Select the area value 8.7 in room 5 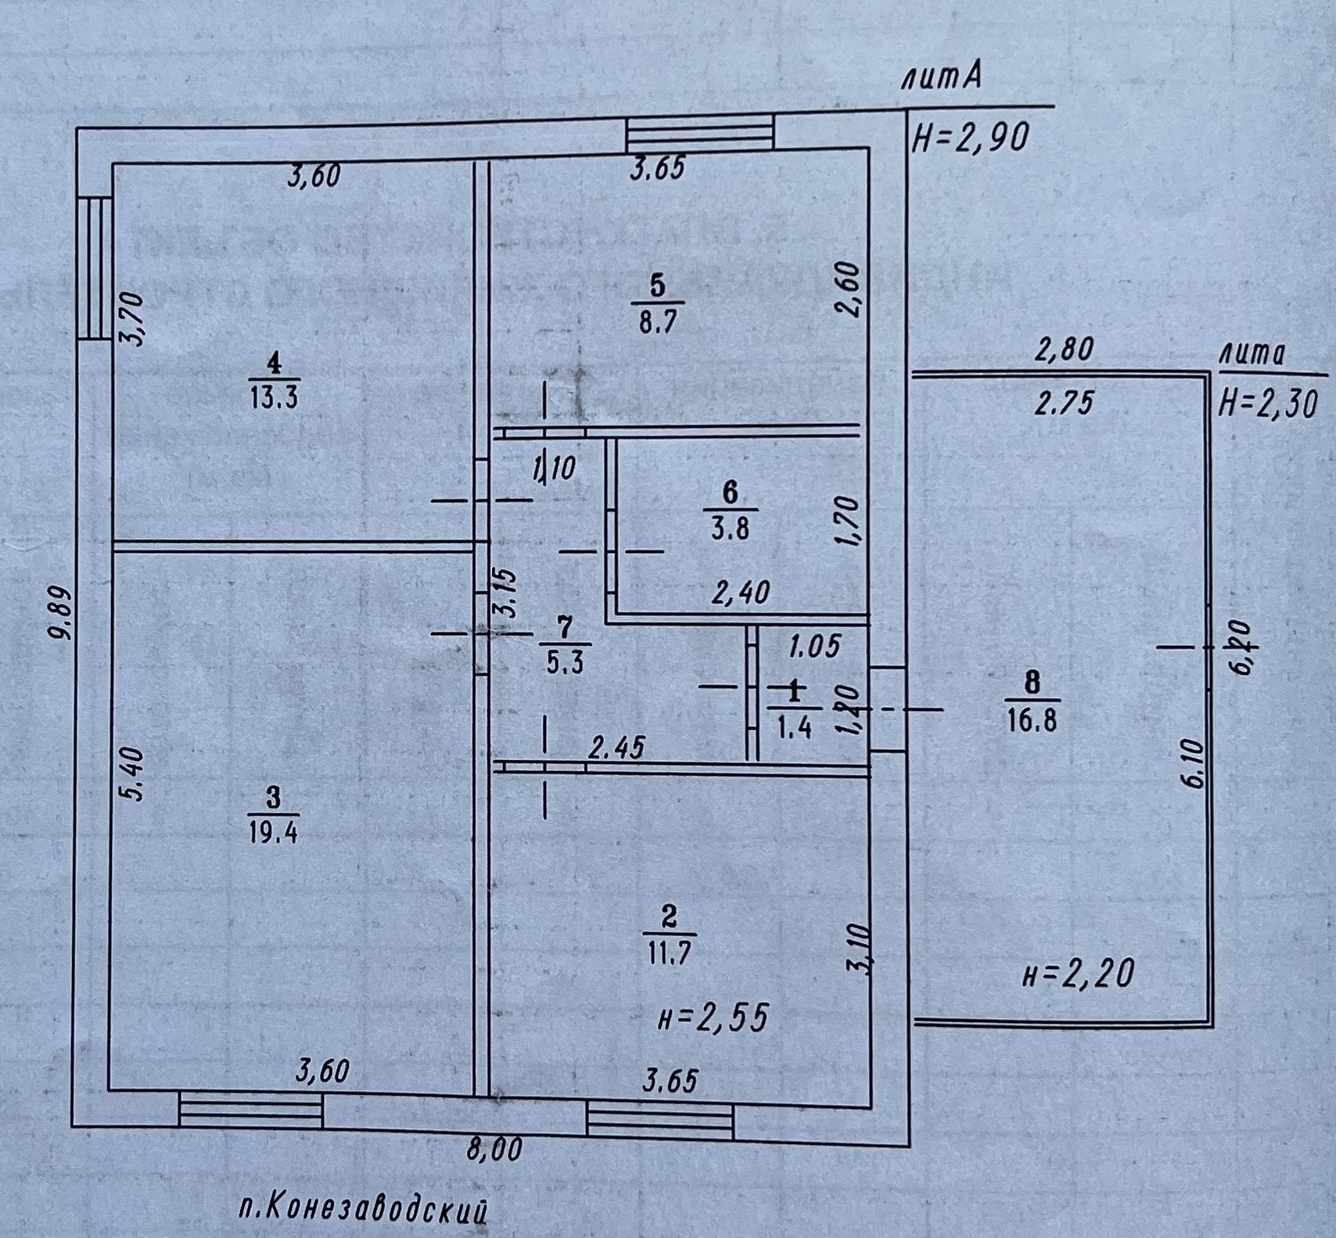pos(657,322)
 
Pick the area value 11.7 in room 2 pos(670,953)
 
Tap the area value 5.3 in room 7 pos(565,664)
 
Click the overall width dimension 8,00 pos(494,1150)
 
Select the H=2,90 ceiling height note pos(969,138)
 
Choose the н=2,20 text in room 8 pos(1078,974)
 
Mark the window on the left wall pos(95,267)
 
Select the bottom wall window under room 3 pos(250,1111)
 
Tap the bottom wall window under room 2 pos(659,1121)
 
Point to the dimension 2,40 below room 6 pos(740,592)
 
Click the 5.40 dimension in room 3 pos(134,774)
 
